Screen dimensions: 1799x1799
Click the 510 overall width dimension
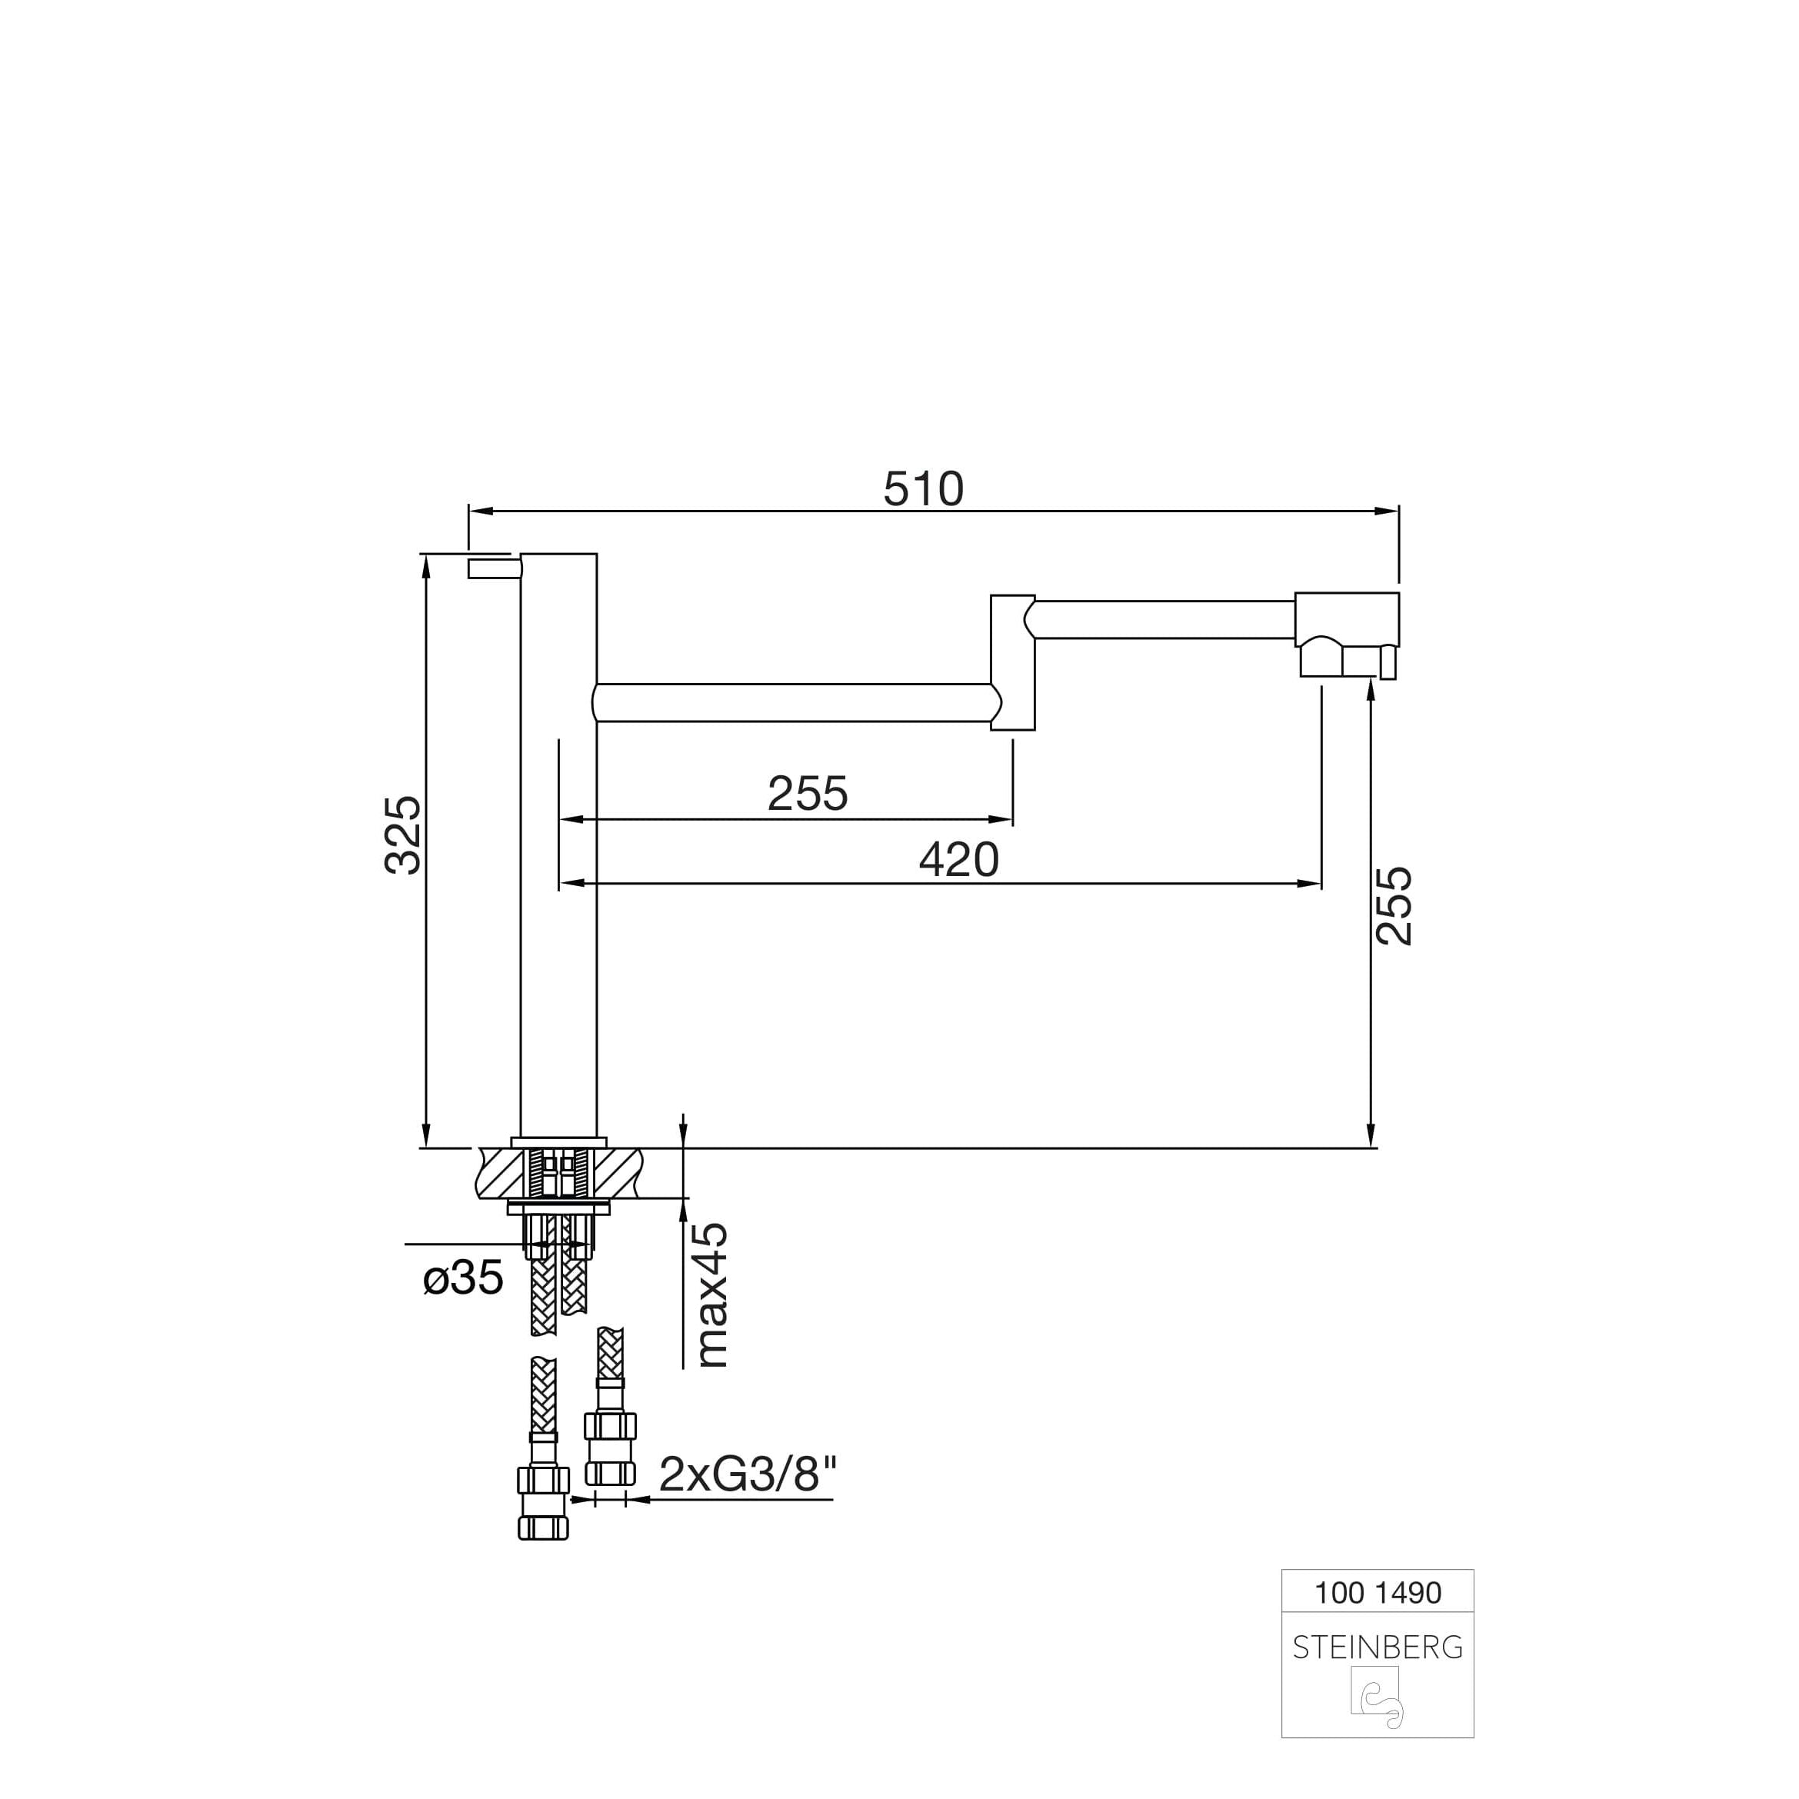pos(923,490)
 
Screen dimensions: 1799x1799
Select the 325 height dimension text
pos(403,835)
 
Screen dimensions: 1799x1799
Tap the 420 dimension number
pos(958,859)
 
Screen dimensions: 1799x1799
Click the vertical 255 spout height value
pos(1394,906)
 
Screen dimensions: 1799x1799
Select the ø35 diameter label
pos(463,1278)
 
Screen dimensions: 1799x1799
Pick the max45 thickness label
pos(712,1295)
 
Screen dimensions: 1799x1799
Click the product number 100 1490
pos(1378,1592)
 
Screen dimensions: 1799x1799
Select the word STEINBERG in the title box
pos(1378,1647)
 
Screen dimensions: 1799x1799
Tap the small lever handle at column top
pos(490,568)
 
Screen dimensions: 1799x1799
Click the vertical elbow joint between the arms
pos(1013,662)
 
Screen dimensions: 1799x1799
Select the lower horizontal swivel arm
pos(791,703)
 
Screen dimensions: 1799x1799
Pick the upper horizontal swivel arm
pos(1164,619)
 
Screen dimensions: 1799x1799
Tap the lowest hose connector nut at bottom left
pos(543,1526)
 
